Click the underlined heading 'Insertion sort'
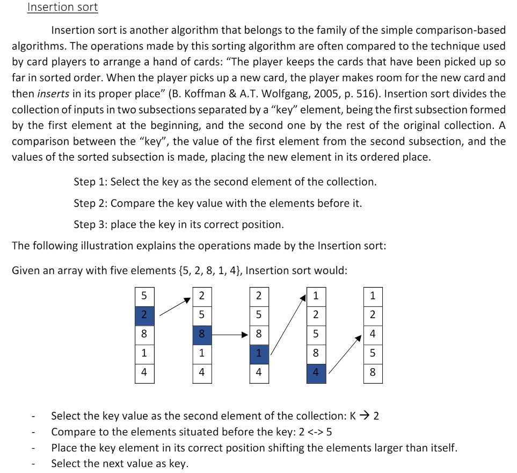pos(62,8)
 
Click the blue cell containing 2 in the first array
pos(144,315)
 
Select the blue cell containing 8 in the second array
pos(202,334)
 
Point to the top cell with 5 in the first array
pos(144,296)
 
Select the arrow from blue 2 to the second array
pos(175,307)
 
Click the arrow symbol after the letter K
pos(365,416)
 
